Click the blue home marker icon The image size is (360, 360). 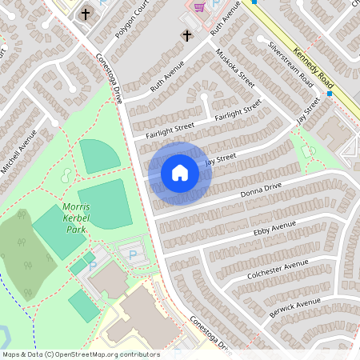tap(180, 173)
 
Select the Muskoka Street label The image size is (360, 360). tap(235, 68)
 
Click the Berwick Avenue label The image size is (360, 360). tap(295, 305)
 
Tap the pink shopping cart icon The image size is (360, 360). tap(198, 6)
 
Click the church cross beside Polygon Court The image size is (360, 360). tap(86, 14)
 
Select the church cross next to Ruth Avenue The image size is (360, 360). tap(187, 36)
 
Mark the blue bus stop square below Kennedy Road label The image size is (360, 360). tap(329, 94)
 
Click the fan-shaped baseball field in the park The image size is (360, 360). tap(100, 155)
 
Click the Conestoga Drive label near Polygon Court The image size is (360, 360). tap(109, 78)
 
